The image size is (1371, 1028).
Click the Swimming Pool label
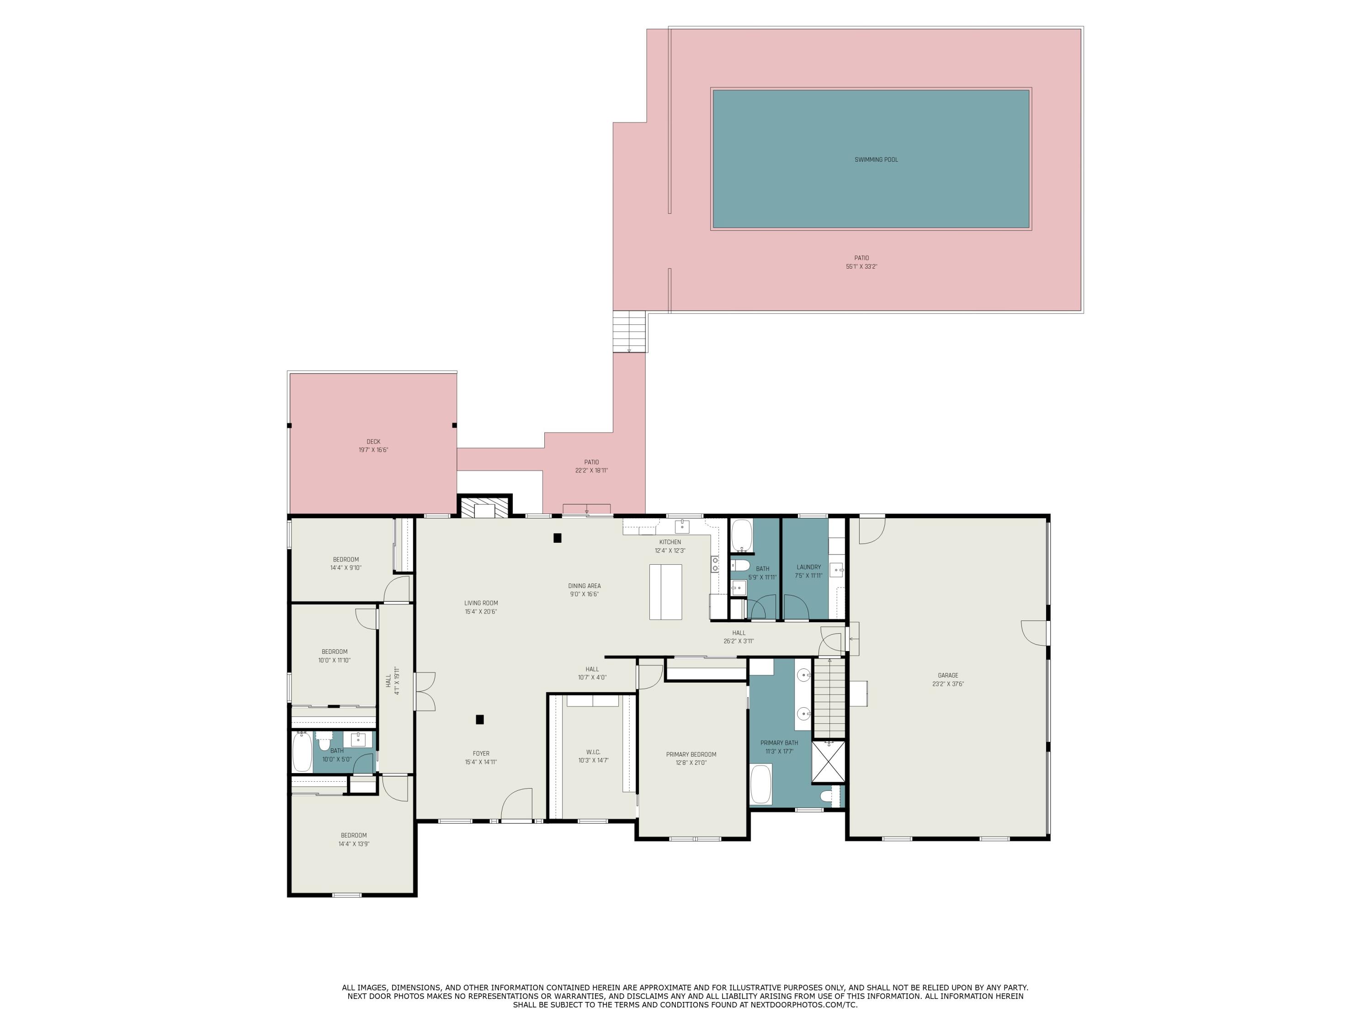point(876,160)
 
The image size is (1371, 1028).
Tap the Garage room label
point(948,675)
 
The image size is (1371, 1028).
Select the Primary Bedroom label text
point(691,754)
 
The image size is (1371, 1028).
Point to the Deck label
point(373,442)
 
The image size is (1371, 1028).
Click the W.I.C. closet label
point(593,752)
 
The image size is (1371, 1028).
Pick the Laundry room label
point(808,567)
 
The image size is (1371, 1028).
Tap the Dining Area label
point(585,586)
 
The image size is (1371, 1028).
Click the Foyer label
point(481,753)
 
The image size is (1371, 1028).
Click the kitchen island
point(665,592)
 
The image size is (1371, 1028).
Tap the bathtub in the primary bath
point(760,784)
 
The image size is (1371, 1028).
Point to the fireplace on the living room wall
point(484,507)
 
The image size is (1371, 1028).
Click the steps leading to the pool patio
point(630,332)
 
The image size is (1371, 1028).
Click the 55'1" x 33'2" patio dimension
point(861,266)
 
